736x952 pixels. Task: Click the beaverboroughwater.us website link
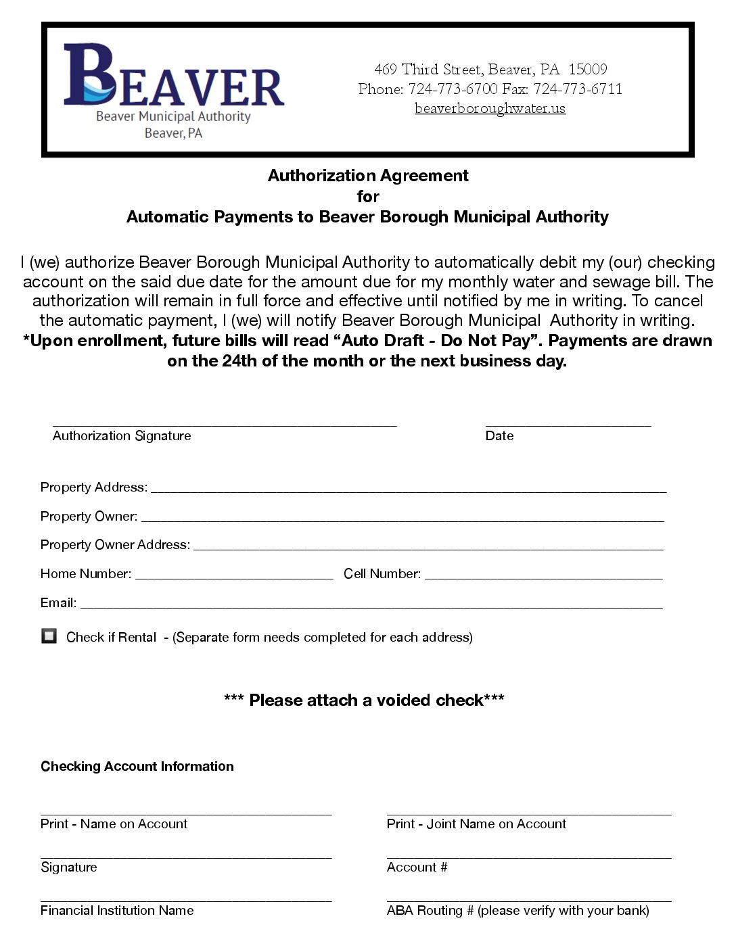[x=490, y=108]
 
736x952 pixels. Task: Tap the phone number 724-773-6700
[x=453, y=89]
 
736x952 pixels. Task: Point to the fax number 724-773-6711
[x=577, y=89]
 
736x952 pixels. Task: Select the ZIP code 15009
[x=587, y=70]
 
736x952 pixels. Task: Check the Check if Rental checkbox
[x=49, y=636]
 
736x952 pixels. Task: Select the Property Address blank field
[x=408, y=490]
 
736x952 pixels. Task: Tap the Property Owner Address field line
[x=428, y=547]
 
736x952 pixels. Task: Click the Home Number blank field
[x=234, y=576]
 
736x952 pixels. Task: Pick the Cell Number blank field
[x=543, y=576]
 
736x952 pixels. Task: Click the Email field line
[x=371, y=605]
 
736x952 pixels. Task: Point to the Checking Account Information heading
[x=137, y=766]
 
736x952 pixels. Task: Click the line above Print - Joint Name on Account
[x=528, y=812]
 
